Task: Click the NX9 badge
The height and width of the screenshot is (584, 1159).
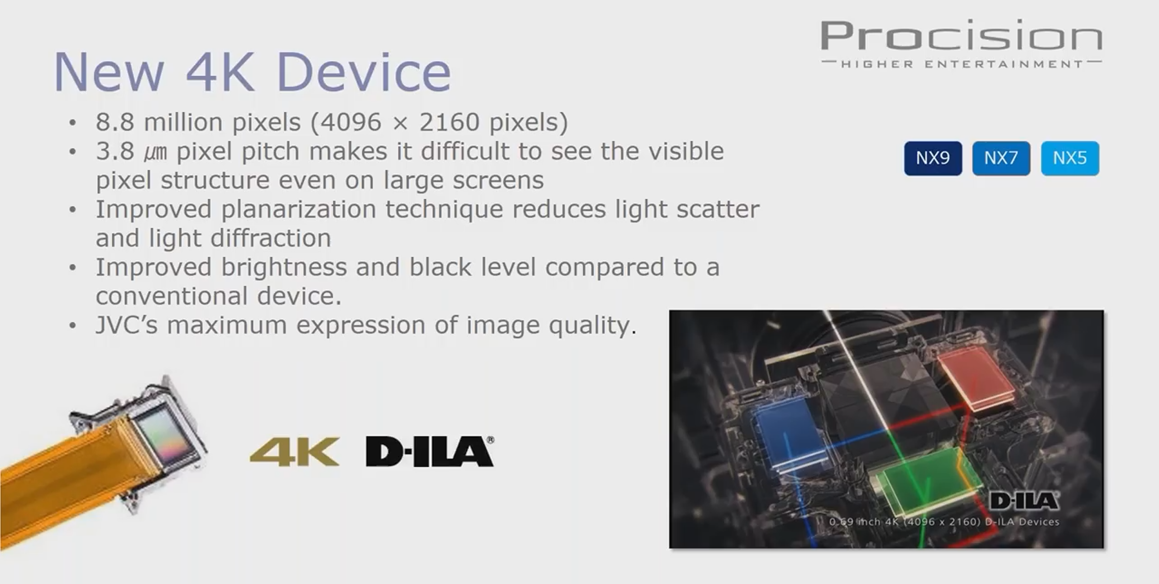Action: coord(933,158)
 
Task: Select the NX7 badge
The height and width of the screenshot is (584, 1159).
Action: coord(1001,158)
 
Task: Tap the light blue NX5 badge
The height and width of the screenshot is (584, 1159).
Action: coord(1070,158)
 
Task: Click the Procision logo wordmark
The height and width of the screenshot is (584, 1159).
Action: coord(962,35)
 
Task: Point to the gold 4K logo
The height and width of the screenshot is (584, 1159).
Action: coord(294,451)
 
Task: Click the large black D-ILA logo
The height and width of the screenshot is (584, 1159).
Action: coord(430,451)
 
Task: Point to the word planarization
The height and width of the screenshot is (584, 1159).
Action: coord(299,210)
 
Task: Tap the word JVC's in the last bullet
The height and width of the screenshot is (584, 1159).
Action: coord(127,325)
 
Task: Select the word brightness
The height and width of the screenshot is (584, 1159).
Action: coord(284,268)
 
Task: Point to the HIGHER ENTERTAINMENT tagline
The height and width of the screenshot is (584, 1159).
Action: coord(962,64)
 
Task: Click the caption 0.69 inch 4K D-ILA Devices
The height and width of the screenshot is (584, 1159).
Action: coord(944,522)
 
